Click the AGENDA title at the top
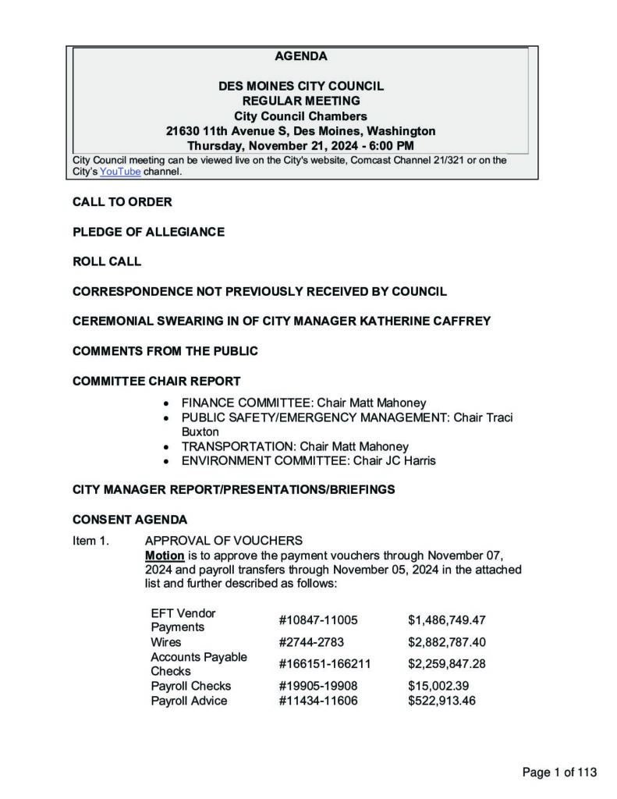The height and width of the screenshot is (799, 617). (x=301, y=56)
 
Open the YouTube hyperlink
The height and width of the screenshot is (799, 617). (x=120, y=172)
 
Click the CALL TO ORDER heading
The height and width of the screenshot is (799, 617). (x=122, y=202)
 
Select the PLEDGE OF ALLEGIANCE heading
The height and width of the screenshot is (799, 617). (x=148, y=232)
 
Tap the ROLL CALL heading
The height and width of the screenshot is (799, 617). (x=107, y=261)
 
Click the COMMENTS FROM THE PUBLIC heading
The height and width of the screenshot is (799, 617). (x=165, y=351)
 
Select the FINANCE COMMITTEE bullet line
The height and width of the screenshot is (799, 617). (x=303, y=403)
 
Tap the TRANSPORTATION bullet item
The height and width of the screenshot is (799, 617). (x=295, y=446)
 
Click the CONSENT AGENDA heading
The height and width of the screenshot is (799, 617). (x=129, y=519)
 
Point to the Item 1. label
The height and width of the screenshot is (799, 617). (x=91, y=541)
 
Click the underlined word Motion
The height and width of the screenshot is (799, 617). (x=165, y=556)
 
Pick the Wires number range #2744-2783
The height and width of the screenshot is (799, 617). (x=311, y=642)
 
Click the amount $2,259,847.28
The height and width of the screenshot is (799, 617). (x=446, y=664)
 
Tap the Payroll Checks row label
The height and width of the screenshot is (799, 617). (x=190, y=686)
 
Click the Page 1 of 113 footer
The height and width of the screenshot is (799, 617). (x=559, y=772)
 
